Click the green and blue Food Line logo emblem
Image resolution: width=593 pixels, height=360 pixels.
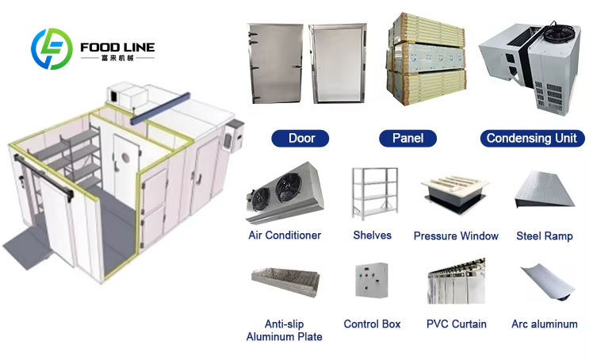pos(52,49)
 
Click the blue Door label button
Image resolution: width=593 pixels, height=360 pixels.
pos(300,138)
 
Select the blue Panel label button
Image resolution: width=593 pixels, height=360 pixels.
pos(407,138)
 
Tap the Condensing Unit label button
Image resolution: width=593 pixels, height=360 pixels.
pos(532,138)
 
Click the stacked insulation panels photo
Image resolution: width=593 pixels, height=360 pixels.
pos(427,59)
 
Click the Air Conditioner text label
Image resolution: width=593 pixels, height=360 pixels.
pos(285,236)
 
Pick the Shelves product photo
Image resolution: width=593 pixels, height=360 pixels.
pos(374,193)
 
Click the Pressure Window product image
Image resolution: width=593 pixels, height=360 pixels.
pos(455,193)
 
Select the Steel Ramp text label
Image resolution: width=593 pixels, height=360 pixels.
pos(544,236)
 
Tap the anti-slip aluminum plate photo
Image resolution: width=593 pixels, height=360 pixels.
pos(285,281)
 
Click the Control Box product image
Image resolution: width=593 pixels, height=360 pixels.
pos(372,280)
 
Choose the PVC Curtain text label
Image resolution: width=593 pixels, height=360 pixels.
pos(457,324)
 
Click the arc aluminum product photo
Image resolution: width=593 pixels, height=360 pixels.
pos(547,282)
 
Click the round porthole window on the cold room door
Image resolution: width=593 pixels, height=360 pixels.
pos(125,157)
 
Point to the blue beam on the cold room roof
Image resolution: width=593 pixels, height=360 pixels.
pos(160,108)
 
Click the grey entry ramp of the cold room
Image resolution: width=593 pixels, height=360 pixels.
pos(28,247)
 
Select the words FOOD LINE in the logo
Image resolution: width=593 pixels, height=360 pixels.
pos(117,48)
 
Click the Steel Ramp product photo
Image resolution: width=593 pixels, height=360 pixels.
pos(545,190)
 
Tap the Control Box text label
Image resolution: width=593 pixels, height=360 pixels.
pos(372,324)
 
